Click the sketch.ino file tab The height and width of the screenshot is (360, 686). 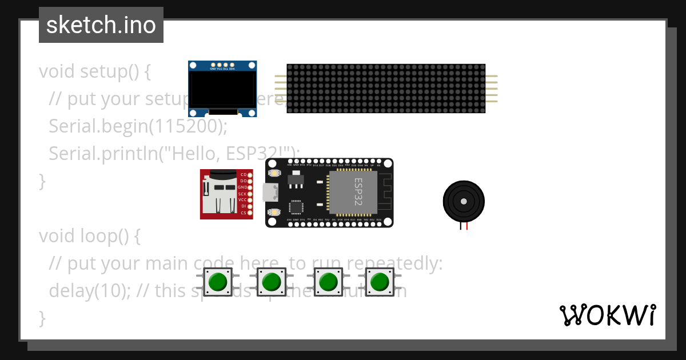click(x=101, y=25)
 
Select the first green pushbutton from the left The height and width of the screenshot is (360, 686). click(x=218, y=282)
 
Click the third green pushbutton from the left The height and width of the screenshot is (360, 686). click(x=328, y=282)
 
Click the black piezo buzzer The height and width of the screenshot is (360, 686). click(x=464, y=201)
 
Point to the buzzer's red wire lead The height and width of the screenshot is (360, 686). click(x=467, y=226)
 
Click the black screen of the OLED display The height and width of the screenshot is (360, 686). click(x=222, y=89)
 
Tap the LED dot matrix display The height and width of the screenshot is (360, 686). click(x=386, y=89)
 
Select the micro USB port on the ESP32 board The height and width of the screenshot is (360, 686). click(x=269, y=193)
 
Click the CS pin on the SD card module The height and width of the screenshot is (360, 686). click(x=250, y=213)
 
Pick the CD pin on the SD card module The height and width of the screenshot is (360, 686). click(x=250, y=174)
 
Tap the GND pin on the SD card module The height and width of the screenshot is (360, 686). click(x=250, y=187)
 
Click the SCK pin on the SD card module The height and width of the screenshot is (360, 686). click(x=250, y=194)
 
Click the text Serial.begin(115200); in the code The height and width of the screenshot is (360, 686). click(x=138, y=126)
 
